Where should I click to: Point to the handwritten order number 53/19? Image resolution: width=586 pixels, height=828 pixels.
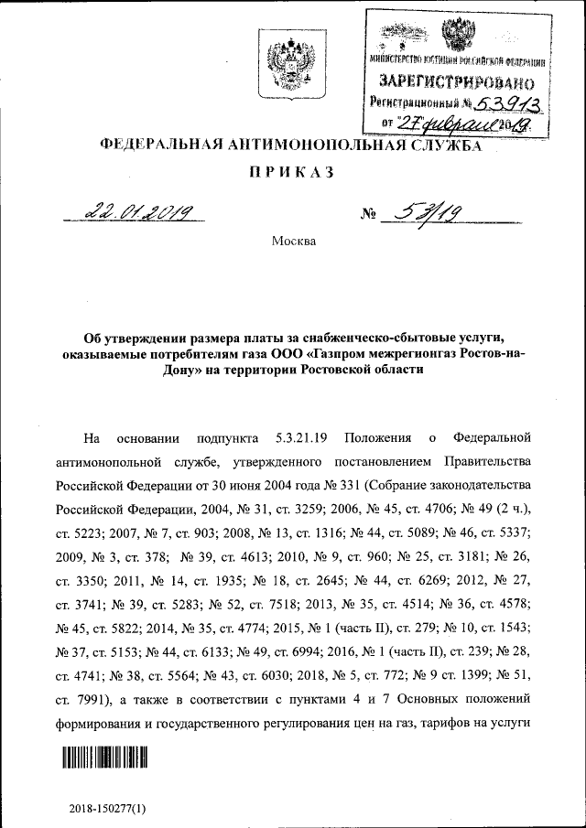coord(423,214)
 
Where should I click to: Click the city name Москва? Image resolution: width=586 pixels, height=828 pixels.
coord(293,242)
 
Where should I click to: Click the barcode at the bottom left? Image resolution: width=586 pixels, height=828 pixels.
coord(105,758)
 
